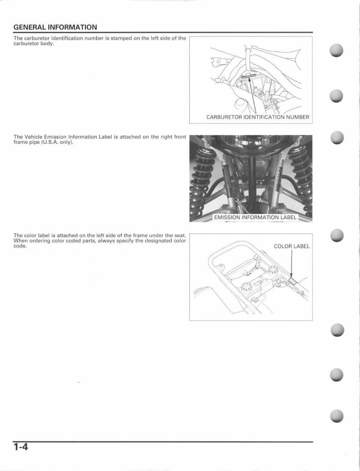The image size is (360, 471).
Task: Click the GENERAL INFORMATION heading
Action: [55, 28]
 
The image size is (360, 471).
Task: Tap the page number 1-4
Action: [21, 446]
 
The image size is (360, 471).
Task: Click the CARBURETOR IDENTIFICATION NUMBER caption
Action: [258, 117]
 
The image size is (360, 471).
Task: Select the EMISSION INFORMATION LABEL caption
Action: [255, 217]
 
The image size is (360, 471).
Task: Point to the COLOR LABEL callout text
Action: [291, 246]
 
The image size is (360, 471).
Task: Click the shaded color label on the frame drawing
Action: [293, 280]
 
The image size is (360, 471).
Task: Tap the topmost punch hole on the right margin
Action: [336, 51]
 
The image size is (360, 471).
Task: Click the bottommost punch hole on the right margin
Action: [336, 416]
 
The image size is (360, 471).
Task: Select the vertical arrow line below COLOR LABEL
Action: [292, 263]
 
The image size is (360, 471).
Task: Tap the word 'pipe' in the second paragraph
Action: [35, 142]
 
